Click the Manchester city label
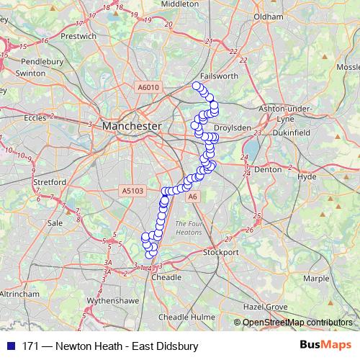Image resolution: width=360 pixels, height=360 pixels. pyautogui.click(x=132, y=126)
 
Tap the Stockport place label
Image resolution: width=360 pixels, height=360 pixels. pyautogui.click(x=220, y=253)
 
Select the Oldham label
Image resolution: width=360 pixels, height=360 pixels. pyautogui.click(x=268, y=16)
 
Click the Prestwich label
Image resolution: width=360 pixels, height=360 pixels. pyautogui.click(x=79, y=35)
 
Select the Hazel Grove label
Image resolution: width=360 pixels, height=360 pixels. pyautogui.click(x=267, y=307)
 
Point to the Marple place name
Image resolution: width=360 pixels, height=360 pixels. pyautogui.click(x=316, y=278)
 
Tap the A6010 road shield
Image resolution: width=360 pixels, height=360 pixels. pyautogui.click(x=148, y=88)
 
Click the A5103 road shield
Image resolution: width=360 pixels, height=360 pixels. pyautogui.click(x=133, y=191)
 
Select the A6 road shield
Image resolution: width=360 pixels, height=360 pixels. pyautogui.click(x=191, y=196)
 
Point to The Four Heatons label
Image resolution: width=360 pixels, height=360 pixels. pyautogui.click(x=190, y=228)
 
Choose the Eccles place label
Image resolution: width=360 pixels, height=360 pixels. pyautogui.click(x=35, y=117)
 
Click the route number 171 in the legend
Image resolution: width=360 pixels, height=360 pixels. pyautogui.click(x=31, y=346)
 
